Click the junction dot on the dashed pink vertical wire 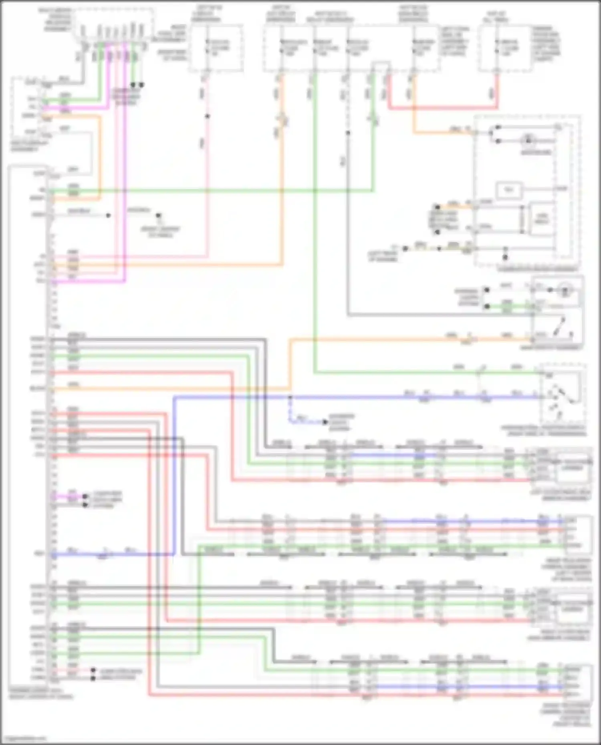coord(207,116)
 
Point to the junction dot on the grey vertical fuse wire coord(348,133)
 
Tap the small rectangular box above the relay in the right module coord(509,190)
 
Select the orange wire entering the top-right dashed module coord(441,132)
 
